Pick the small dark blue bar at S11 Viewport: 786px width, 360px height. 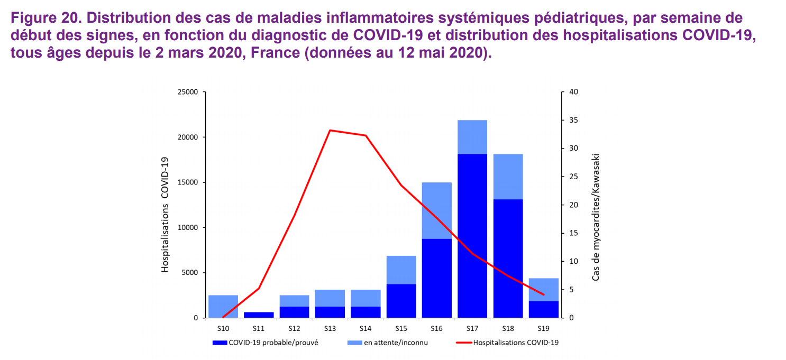coord(259,315)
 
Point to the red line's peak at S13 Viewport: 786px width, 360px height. coord(330,130)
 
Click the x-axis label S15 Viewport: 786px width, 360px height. coord(401,329)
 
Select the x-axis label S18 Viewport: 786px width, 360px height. coord(508,329)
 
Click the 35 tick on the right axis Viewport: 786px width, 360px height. coord(574,121)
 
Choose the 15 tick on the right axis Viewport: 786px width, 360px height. coord(574,233)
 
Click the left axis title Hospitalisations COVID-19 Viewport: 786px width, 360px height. coord(165,215)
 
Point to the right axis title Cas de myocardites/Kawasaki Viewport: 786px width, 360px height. coord(596,217)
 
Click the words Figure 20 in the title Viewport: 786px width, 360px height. coord(43,17)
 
